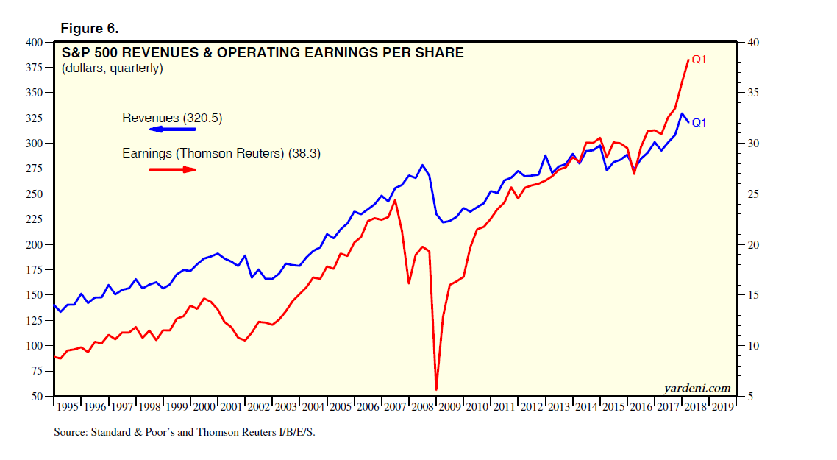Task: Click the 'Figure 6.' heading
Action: [89, 29]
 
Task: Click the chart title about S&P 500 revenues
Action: [263, 53]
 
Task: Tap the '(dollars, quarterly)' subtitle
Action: [113, 68]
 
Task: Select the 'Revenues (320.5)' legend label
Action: [172, 118]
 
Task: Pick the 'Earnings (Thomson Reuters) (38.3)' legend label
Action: [221, 154]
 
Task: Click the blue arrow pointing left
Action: [173, 130]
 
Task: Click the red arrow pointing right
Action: [173, 169]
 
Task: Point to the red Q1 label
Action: [699, 60]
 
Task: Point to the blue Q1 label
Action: [699, 123]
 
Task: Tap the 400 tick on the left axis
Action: [34, 43]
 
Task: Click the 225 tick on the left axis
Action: [34, 219]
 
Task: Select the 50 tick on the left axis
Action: [37, 397]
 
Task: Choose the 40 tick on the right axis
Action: [753, 43]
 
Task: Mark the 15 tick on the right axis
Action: [753, 295]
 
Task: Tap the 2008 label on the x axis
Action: [423, 406]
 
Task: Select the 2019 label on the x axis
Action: [722, 406]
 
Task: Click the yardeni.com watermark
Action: [697, 387]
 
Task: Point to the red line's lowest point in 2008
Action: [436, 389]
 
